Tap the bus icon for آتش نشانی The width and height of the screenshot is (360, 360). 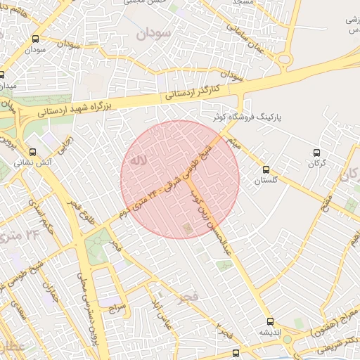pos(32,151)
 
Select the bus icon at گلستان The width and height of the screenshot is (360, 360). pos(265,169)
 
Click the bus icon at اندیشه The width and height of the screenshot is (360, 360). pos(270,321)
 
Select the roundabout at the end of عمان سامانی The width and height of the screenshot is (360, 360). pos(285,59)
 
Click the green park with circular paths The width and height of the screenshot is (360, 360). pos(98,243)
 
